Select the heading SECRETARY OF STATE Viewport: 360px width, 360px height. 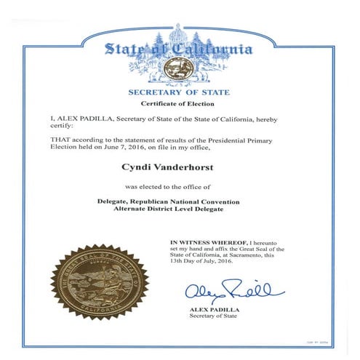[178, 92]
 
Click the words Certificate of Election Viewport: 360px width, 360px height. [179, 105]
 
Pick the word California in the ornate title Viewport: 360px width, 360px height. [215, 49]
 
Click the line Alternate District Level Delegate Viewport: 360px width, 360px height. [179, 208]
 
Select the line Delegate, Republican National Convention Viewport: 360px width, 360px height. [179, 200]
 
